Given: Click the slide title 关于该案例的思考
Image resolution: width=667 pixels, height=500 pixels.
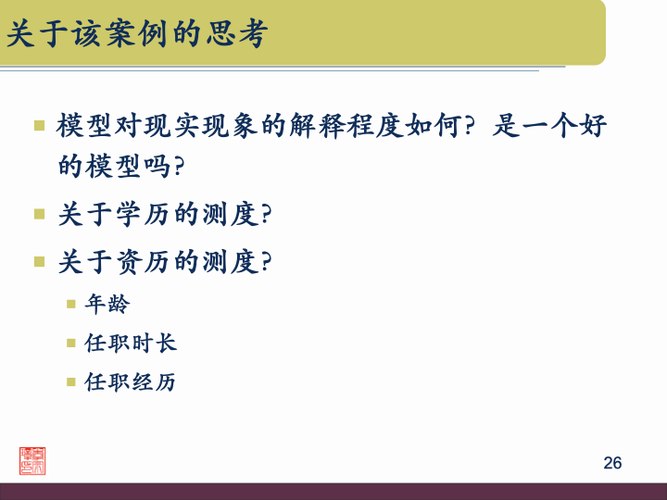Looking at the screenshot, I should pyautogui.click(x=137, y=36).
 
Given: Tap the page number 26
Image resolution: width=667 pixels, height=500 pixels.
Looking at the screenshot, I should pyautogui.click(x=612, y=463).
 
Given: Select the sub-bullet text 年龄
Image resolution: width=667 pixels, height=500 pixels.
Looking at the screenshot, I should pyautogui.click(x=107, y=304).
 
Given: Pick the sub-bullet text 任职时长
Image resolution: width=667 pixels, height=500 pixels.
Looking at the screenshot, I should pyautogui.click(x=131, y=343).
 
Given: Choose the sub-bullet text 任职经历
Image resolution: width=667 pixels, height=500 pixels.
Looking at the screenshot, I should pyautogui.click(x=131, y=381).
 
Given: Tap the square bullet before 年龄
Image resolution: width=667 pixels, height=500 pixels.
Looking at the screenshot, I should pyautogui.click(x=70, y=304).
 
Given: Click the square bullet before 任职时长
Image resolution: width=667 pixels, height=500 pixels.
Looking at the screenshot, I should pyautogui.click(x=70, y=343).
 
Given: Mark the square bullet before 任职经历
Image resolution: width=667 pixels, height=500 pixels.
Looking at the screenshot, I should pyautogui.click(x=70, y=381).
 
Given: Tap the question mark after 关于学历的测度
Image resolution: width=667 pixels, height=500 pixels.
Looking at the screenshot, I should pyautogui.click(x=267, y=216).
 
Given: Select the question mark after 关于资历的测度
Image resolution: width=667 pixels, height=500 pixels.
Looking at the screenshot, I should pyautogui.click(x=267, y=263).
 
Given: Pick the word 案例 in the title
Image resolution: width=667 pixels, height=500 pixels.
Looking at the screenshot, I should pyautogui.click(x=137, y=36).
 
